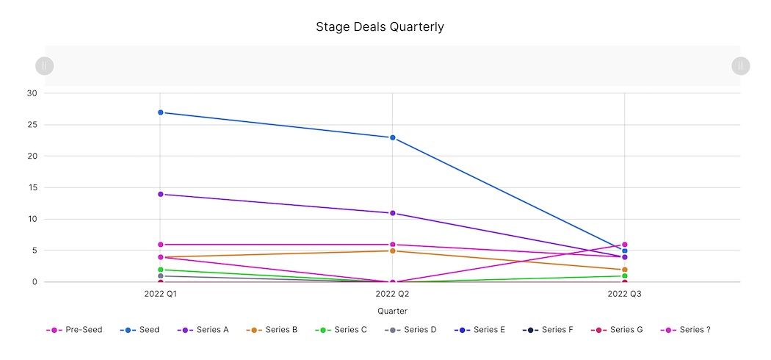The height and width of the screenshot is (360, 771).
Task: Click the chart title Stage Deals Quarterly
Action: click(x=380, y=27)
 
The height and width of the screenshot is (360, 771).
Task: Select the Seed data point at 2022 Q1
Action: click(x=160, y=112)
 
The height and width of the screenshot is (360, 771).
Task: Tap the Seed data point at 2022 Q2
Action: click(x=393, y=137)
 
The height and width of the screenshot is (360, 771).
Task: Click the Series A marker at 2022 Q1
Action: click(x=160, y=194)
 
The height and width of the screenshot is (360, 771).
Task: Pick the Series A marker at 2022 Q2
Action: click(x=393, y=213)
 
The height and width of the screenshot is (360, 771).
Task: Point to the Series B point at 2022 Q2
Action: click(x=393, y=251)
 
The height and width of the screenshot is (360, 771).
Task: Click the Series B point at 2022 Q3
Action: click(x=625, y=270)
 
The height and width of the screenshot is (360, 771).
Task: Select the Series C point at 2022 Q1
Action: click(x=160, y=270)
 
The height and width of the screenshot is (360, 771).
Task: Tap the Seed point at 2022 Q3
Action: click(x=625, y=251)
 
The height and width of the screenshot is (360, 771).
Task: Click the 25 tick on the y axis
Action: click(x=32, y=125)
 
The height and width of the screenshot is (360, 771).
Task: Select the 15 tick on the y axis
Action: click(x=32, y=188)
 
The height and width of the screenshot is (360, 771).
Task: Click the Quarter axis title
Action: click(x=392, y=312)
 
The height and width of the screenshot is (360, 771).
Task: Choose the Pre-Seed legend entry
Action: click(x=73, y=330)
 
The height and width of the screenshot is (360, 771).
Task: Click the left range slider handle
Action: click(x=45, y=66)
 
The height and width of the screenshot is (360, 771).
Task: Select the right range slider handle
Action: click(x=740, y=66)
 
